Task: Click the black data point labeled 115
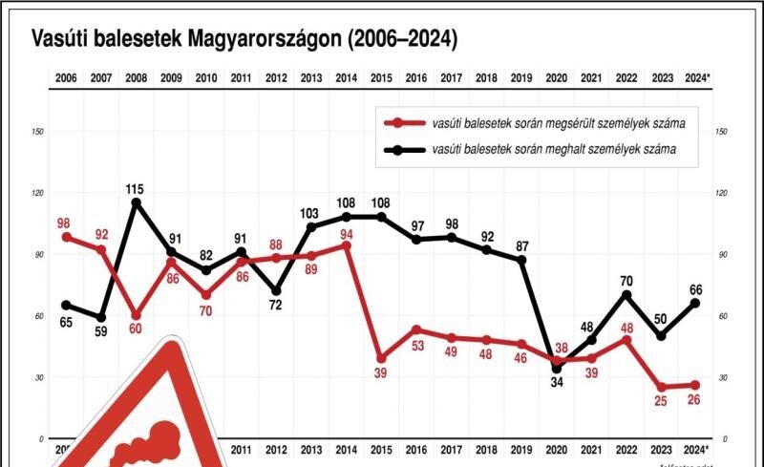136,202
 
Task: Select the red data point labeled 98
66,236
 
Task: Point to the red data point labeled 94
346,245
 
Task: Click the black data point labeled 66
695,303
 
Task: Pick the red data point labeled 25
661,387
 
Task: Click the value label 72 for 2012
275,306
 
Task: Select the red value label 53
416,346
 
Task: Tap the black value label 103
310,213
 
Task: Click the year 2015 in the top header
381,77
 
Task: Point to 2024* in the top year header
697,77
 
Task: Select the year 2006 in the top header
66,77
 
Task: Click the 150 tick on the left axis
37,132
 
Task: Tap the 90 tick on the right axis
722,255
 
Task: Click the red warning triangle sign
158,420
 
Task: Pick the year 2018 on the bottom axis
486,450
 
